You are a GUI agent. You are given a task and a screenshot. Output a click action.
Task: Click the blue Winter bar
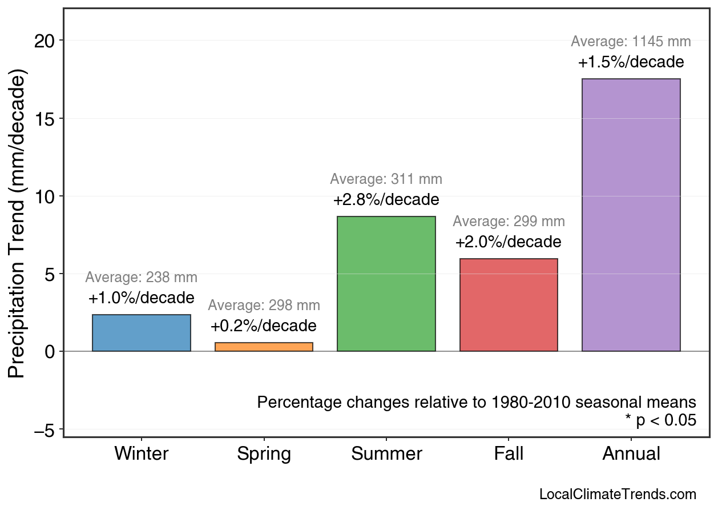coord(142,333)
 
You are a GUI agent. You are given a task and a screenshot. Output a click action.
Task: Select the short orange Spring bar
coord(264,347)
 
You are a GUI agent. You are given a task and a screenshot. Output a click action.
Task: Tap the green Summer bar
coord(386,284)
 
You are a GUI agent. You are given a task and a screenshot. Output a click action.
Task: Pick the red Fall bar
coord(509,305)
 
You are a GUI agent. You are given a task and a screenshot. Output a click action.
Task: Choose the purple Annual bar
coord(631,215)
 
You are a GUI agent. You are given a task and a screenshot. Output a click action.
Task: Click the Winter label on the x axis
coord(142,454)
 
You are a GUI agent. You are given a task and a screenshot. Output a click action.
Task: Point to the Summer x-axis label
coord(386,454)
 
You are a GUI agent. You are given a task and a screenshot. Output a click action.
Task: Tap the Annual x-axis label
coord(631,454)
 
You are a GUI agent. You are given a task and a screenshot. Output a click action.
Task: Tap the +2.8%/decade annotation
coord(386,200)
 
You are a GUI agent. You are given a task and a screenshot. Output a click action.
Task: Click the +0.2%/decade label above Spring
coord(264,326)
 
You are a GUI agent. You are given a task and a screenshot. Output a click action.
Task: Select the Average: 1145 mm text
coord(631,42)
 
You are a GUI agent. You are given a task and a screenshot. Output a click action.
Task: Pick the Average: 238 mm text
coord(142,278)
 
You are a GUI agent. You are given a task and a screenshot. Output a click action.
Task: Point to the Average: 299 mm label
coord(509,222)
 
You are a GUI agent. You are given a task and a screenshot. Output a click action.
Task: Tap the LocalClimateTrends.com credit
coord(618,494)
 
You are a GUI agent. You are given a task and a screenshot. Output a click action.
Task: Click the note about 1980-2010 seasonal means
coord(477,402)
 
